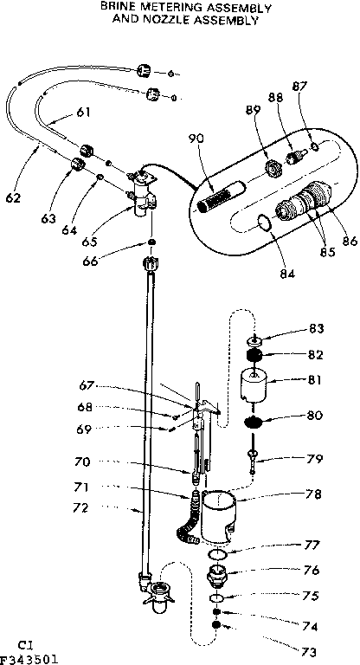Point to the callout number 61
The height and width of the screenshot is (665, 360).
tap(83, 111)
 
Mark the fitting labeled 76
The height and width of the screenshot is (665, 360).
tap(219, 574)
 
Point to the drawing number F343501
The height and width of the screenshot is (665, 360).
tap(30, 659)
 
